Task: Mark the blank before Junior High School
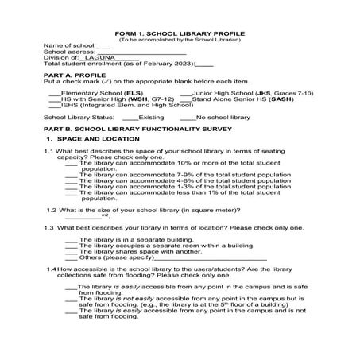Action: tap(185, 93)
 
